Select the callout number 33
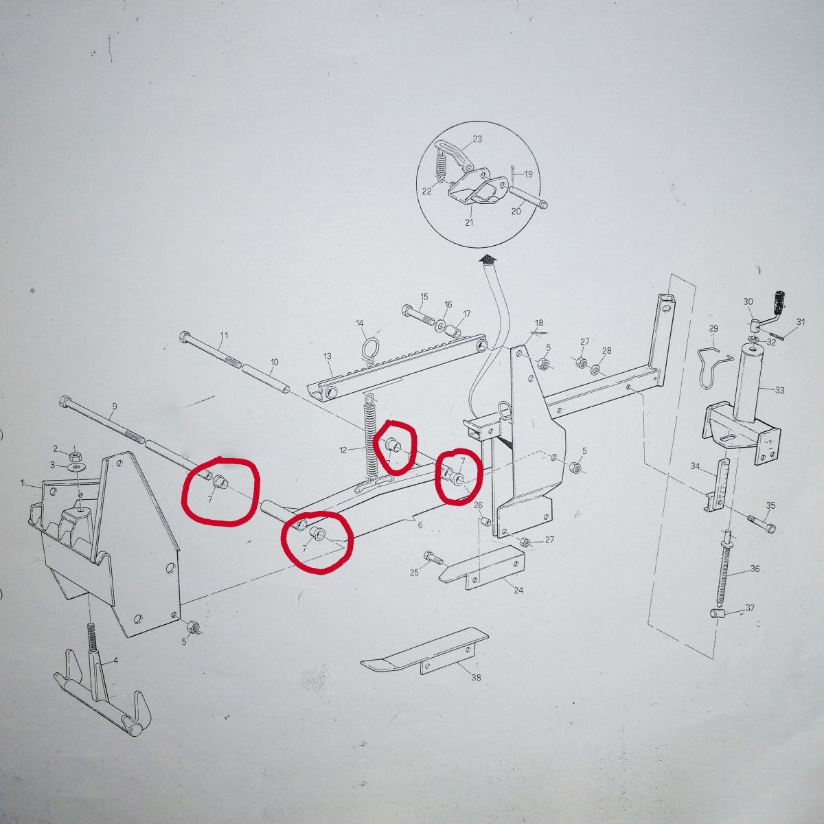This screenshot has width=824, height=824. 779,390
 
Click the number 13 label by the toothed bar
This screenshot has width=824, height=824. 328,356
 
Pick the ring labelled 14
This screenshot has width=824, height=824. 369,347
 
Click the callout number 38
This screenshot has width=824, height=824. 476,678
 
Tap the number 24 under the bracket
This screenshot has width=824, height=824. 518,591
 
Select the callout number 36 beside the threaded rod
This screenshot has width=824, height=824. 755,569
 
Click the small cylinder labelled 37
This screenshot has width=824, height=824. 719,615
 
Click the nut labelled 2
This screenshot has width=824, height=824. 75,453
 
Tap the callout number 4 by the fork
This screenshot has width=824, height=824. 115,661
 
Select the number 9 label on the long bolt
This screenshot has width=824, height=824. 114,406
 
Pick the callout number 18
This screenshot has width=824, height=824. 539,323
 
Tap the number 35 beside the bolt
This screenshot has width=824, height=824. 770,505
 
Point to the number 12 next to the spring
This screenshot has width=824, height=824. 343,450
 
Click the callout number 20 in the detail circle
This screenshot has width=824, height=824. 516,211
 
